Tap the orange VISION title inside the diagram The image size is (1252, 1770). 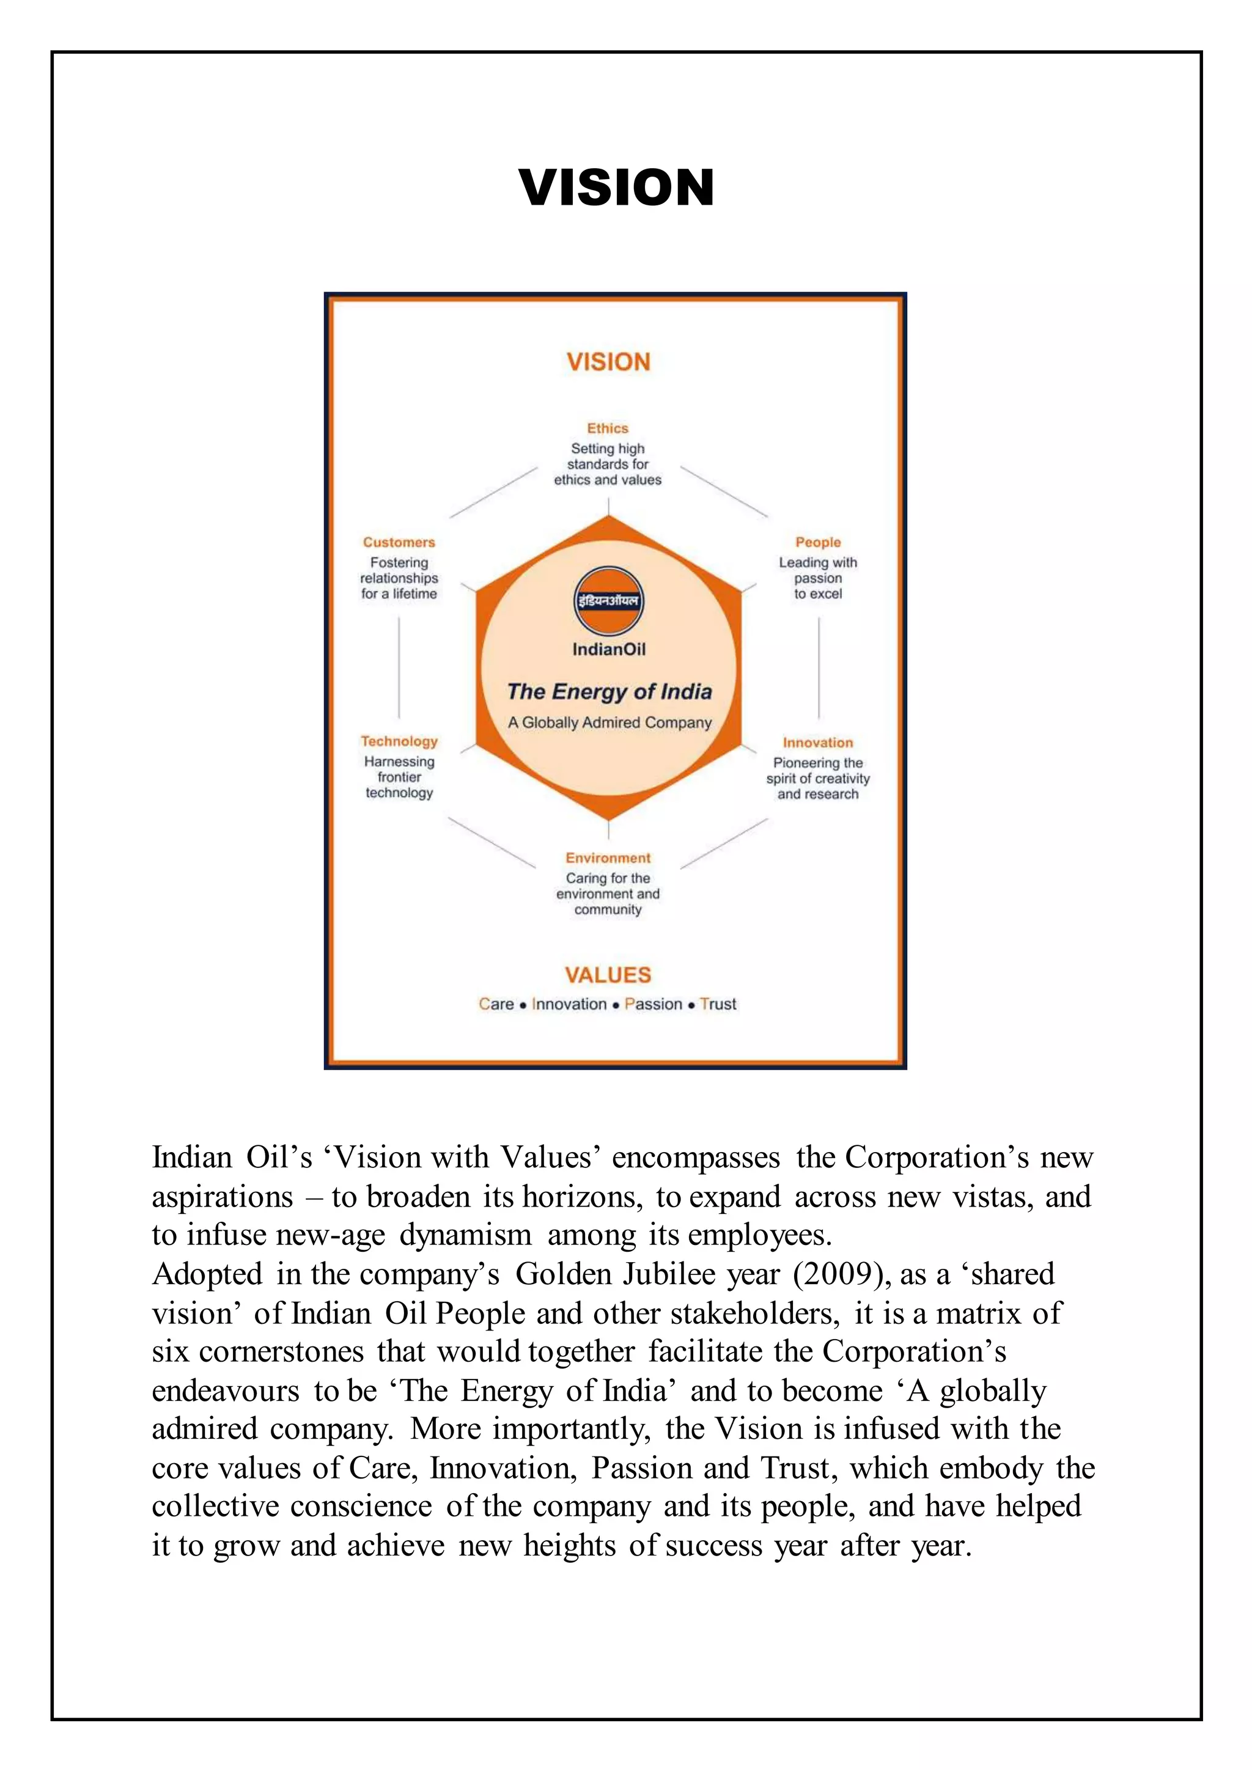(608, 362)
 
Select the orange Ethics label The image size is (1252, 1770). (608, 428)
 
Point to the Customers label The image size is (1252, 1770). (399, 542)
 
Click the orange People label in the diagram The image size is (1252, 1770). (818, 542)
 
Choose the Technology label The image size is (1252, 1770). (399, 741)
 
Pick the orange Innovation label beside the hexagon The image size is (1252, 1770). (818, 743)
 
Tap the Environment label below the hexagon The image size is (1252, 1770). (608, 858)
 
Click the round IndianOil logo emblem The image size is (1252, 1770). (609, 601)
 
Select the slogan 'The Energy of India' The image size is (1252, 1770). (609, 691)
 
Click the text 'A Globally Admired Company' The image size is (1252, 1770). (609, 722)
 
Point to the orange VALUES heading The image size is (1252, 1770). (608, 975)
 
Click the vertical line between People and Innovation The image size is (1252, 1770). (819, 667)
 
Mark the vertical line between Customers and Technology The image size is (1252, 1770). (399, 667)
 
